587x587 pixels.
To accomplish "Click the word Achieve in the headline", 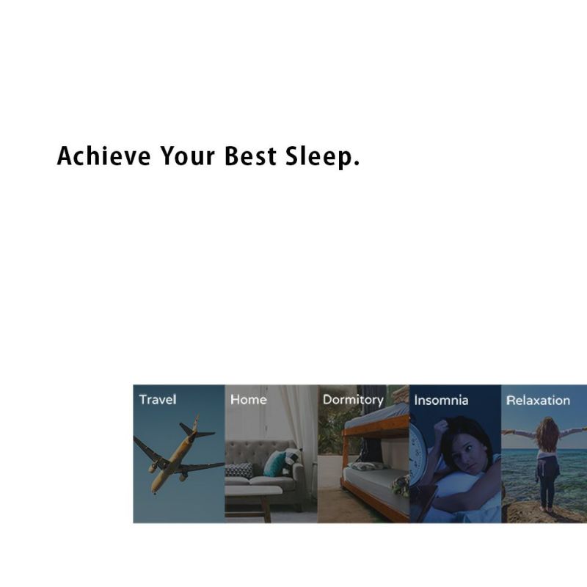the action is [104, 156].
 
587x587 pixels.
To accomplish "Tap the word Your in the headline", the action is [188, 156].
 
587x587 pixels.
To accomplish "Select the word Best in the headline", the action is [250, 156].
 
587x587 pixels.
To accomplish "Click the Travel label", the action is [158, 399].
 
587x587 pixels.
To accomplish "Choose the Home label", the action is [249, 399].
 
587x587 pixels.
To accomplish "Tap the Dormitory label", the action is [353, 400].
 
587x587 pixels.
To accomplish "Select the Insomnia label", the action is [441, 400].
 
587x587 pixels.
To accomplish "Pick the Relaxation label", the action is [538, 400].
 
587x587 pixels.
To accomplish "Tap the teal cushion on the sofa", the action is [274, 463].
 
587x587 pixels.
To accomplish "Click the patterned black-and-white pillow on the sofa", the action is [239, 470].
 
